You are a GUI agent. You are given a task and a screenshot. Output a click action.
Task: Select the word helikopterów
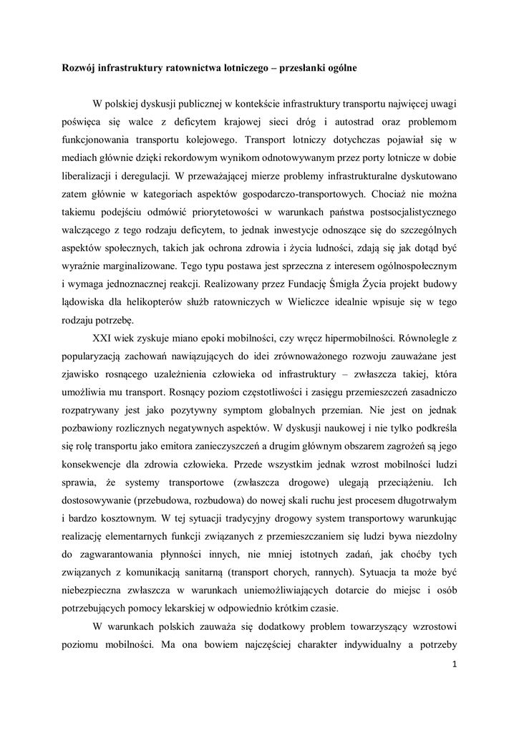(156, 301)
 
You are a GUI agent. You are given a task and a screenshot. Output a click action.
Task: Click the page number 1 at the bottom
(455, 664)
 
